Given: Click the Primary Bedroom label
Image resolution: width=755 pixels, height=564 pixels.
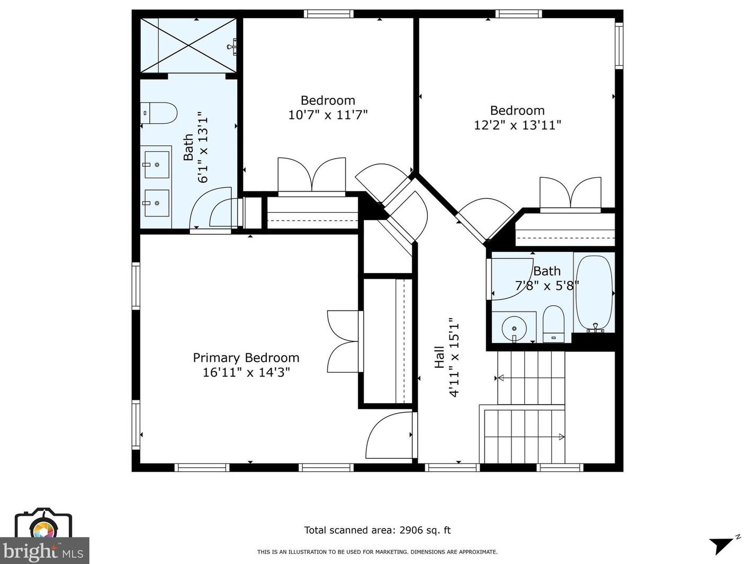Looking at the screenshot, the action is coord(246,358).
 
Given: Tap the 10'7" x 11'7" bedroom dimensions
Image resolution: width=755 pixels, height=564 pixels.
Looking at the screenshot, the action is coord(328,114).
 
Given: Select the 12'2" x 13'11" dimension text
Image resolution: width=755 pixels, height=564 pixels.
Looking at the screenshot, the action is coord(517,125).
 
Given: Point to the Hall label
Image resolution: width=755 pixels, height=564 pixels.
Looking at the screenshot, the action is coord(439,357).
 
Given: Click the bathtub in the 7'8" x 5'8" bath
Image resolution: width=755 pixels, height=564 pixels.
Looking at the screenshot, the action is coord(594,294).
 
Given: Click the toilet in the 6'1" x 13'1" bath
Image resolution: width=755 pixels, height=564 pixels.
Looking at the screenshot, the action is coord(158,113).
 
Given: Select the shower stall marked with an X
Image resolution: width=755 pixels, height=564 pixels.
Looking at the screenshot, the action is coord(188,46).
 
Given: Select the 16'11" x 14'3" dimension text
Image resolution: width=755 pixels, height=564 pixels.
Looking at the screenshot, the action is coord(246,372).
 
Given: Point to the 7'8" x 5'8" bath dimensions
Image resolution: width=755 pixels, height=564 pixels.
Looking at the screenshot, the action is coord(546,286).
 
